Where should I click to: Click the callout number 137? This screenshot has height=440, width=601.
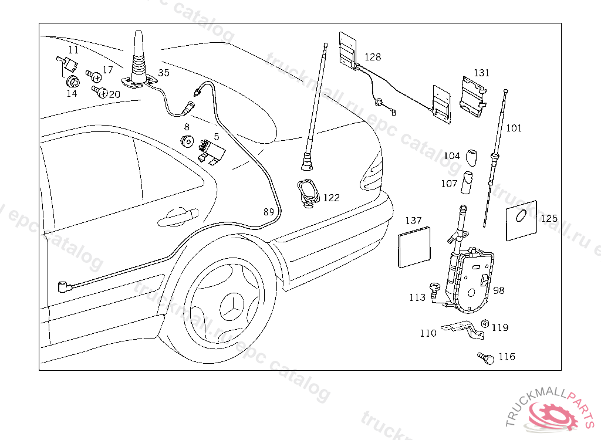click(414, 221)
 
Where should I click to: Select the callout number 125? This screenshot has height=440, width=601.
click(549, 218)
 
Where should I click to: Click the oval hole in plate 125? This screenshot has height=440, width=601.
click(520, 216)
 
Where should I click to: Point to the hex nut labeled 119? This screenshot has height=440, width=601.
click(485, 324)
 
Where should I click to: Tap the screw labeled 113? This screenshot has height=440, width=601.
click(434, 289)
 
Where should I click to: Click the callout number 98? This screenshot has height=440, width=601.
click(499, 290)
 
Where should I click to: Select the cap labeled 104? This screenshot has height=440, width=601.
click(471, 157)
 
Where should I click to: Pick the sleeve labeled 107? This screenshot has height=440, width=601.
click(468, 182)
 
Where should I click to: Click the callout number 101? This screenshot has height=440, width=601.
click(514, 128)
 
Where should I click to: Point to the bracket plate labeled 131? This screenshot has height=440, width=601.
click(473, 96)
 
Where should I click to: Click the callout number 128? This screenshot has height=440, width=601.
click(373, 57)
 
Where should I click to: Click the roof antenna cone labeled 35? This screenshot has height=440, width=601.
click(138, 57)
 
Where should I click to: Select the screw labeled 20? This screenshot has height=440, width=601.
click(100, 92)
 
